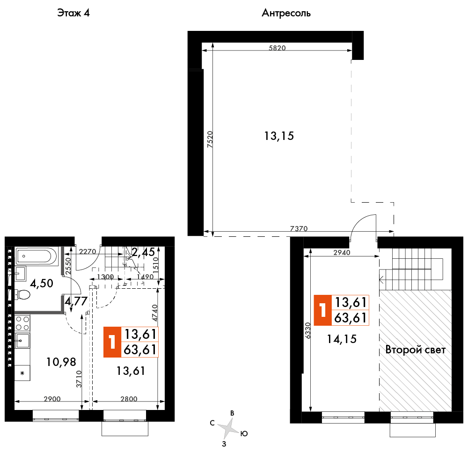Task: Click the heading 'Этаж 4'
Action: (73, 13)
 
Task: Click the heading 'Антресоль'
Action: (286, 13)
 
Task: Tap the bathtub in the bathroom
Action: (37, 256)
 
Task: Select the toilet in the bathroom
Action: (22, 295)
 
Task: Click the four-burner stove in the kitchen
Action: (22, 323)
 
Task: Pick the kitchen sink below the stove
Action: (22, 341)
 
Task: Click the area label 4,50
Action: (42, 283)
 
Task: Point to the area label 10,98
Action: (61, 362)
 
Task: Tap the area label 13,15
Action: (279, 136)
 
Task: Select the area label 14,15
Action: (342, 339)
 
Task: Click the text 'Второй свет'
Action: (416, 350)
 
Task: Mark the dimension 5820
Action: (277, 48)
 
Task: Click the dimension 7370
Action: (299, 229)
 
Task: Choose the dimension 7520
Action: (210, 139)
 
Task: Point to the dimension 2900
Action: (52, 399)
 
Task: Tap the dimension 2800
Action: (129, 399)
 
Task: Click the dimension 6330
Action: (308, 330)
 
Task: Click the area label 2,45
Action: (143, 252)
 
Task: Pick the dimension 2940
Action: (342, 253)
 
